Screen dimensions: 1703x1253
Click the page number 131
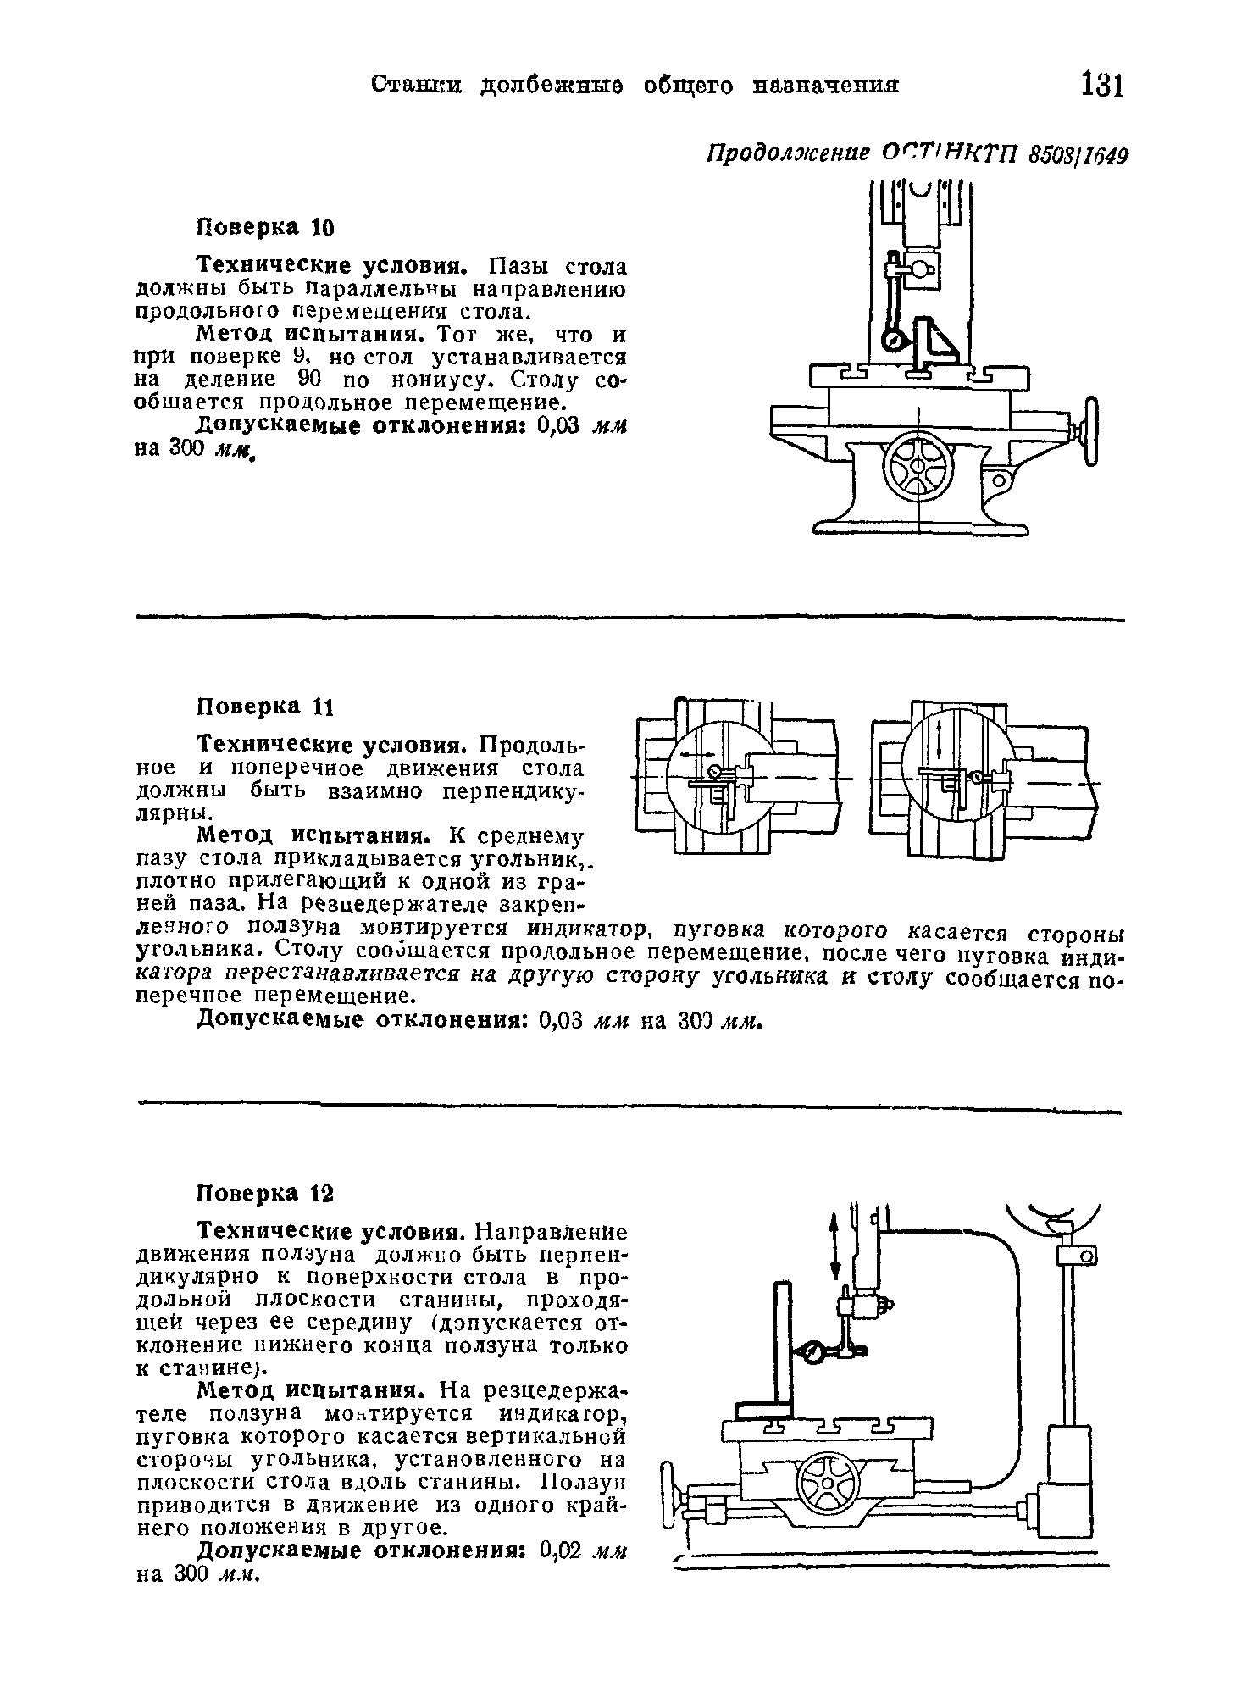coord(1101,86)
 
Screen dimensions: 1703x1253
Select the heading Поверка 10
coord(266,228)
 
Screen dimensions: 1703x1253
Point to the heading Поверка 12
coord(266,1193)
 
